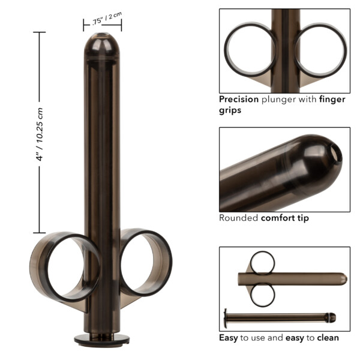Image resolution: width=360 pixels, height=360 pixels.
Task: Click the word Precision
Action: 239,100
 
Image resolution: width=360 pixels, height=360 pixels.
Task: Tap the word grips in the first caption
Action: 230,111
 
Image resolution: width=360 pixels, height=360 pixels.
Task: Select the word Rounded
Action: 238,218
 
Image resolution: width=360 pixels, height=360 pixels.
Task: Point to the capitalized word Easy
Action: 229,338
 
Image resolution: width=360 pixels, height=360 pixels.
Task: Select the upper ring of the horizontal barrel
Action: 263,262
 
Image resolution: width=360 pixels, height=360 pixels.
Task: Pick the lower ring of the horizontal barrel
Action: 263,294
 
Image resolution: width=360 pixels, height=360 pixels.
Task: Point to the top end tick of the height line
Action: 40,32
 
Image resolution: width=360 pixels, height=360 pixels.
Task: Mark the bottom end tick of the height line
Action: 40,232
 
